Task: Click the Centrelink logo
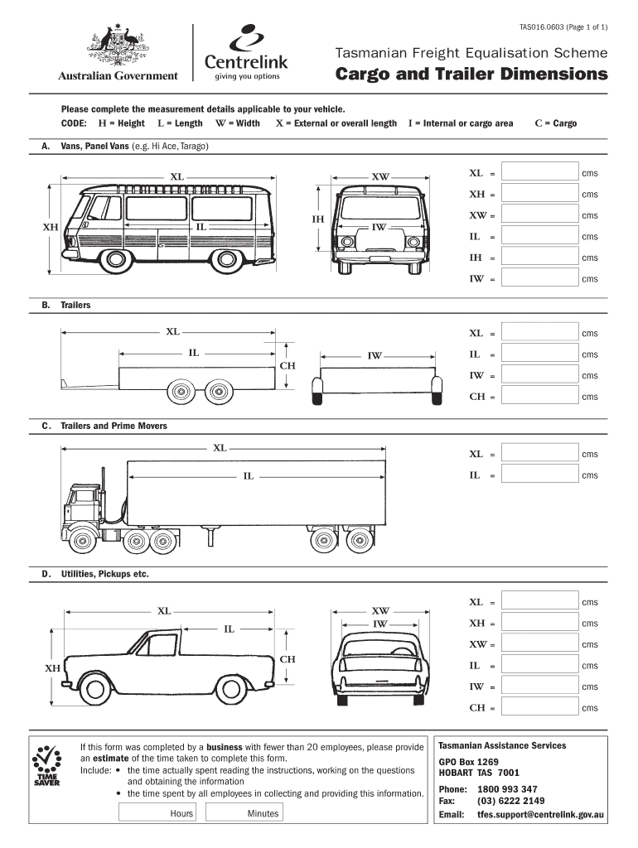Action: coord(246,52)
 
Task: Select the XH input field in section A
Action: coord(539,193)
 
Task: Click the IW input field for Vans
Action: coord(539,277)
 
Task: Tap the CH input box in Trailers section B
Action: coord(539,395)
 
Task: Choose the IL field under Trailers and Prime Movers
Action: coord(539,474)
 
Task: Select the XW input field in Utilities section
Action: coord(539,643)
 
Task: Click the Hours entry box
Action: coord(157,812)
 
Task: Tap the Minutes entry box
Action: coord(244,812)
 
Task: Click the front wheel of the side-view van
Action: coord(114,259)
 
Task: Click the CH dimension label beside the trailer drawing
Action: coord(288,365)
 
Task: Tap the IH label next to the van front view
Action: coord(317,219)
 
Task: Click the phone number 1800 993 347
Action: coord(507,789)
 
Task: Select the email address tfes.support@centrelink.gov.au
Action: coord(540,815)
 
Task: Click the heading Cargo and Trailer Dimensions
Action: coord(471,74)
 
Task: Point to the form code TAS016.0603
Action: coord(541,27)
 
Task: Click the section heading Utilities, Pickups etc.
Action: coord(104,574)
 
